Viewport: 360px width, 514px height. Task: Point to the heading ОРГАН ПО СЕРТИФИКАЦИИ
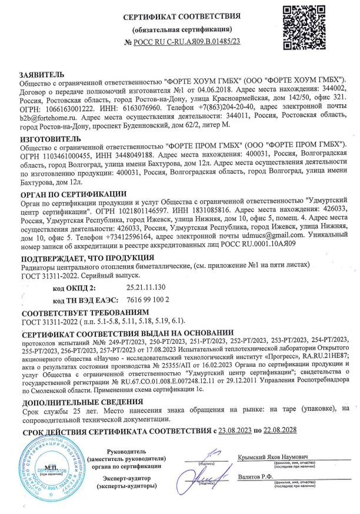73,193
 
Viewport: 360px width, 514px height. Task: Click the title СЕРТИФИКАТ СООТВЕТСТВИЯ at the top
182,16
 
